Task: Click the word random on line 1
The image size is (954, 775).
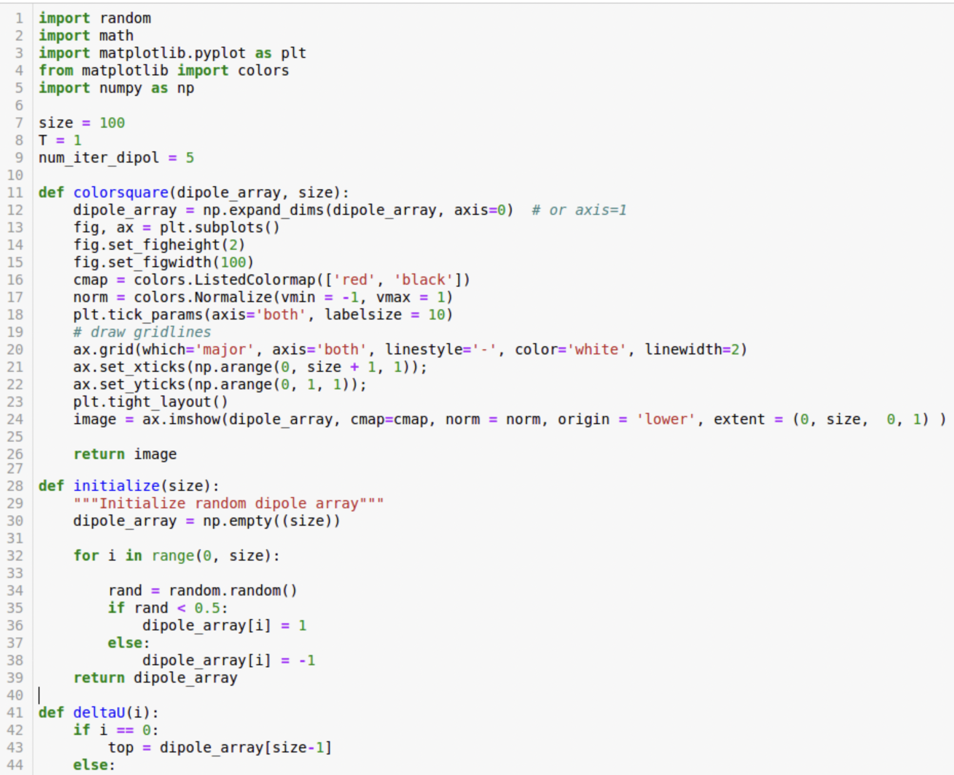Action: (x=125, y=18)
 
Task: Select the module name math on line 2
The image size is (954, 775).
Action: (x=116, y=36)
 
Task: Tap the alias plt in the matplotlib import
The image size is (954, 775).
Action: (x=294, y=53)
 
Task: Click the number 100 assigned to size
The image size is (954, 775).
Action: (x=112, y=123)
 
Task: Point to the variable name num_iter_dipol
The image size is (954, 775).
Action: (x=99, y=158)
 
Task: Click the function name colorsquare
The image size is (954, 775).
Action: (x=121, y=193)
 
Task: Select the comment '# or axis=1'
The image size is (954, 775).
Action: (x=579, y=210)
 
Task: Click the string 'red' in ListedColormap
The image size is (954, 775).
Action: (x=355, y=280)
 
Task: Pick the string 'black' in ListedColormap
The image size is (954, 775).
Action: (x=423, y=280)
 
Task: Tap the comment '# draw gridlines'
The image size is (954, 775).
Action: (x=142, y=332)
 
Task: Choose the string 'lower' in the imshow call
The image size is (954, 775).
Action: (x=666, y=420)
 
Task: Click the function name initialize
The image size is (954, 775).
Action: (x=116, y=486)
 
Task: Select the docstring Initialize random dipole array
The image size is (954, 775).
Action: (x=228, y=504)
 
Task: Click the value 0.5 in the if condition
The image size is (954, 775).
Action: (x=207, y=608)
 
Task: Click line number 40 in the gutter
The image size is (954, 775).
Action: (x=15, y=695)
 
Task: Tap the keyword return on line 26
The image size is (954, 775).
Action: (x=99, y=454)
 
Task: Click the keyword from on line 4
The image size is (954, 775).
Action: (x=56, y=71)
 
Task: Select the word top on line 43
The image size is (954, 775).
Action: (x=121, y=748)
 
